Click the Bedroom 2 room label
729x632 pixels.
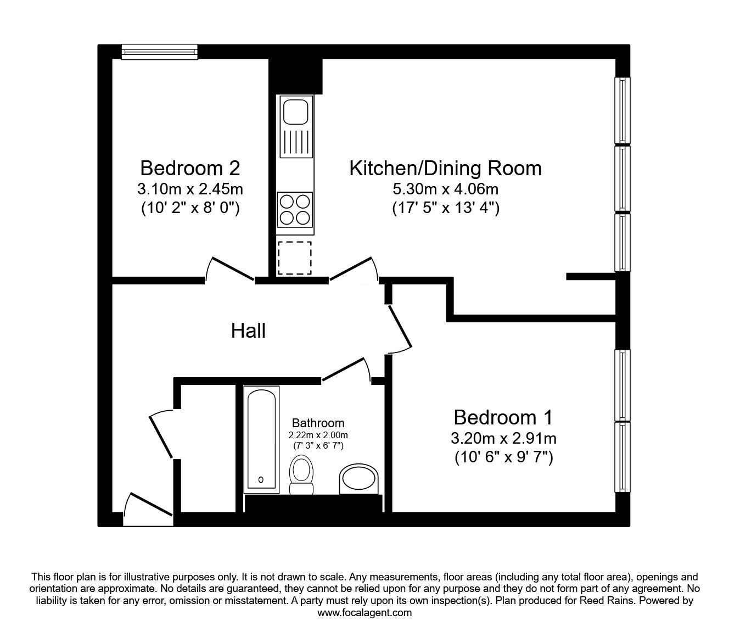pos(190,168)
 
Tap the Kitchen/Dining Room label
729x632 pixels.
pos(445,169)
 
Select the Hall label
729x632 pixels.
pos(248,331)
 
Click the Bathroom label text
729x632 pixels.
pos(318,423)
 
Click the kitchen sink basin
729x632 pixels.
pos(296,112)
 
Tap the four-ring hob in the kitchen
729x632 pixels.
pos(295,210)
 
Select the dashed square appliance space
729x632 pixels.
pos(294,258)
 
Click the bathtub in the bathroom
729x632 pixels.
pos(261,440)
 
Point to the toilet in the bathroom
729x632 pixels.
pos(301,475)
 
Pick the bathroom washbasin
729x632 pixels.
pos(358,479)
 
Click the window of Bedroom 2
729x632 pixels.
pos(159,52)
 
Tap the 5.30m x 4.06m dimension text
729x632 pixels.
pos(445,189)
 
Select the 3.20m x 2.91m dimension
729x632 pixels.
pos(503,439)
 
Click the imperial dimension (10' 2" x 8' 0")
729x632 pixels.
pos(190,208)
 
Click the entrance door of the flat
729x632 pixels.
pos(148,508)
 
